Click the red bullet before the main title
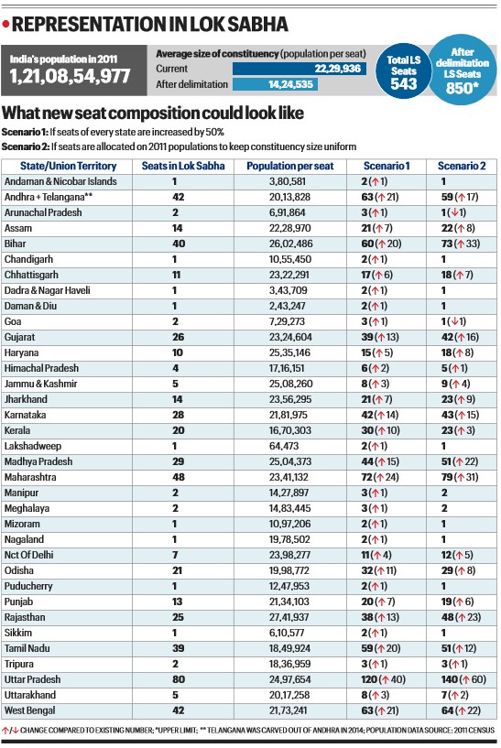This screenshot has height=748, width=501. pos(5,24)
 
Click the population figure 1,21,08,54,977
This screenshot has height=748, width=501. pos(70,76)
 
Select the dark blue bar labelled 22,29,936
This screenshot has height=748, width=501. pos(300,69)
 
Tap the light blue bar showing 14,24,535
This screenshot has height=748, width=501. pos(275,84)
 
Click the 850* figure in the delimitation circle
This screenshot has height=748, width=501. pos(459,88)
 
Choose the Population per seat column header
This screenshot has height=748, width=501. pos(290,166)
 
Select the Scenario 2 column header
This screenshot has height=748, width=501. pos(462,166)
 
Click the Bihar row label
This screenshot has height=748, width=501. pos(16,244)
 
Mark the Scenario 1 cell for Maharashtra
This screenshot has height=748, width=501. pos(380,477)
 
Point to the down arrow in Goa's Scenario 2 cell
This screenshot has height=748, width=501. pos(455,321)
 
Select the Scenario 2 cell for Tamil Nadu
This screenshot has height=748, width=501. pos(459,648)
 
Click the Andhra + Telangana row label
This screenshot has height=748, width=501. pos(49,197)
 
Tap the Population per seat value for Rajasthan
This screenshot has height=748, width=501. pos(290,617)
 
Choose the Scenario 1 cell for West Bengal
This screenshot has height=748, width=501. pos(380,710)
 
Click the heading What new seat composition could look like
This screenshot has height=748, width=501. pos(153,113)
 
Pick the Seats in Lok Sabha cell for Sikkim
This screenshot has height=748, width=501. pos(175,633)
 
